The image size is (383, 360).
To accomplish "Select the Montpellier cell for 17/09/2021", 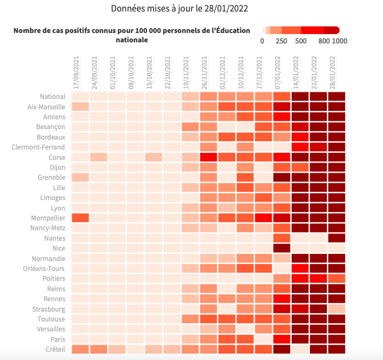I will [80, 218].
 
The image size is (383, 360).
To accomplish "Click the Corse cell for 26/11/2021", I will [209, 157].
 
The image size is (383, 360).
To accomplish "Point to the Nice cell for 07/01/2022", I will [281, 248].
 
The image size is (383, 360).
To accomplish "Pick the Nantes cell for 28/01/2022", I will [336, 239].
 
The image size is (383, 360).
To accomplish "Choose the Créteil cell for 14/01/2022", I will [300, 350].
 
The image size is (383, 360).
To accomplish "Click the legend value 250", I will [281, 41].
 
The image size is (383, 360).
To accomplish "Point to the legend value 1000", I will [340, 41].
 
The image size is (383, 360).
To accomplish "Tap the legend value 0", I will [262, 41].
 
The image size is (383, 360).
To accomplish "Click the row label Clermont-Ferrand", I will [39, 147].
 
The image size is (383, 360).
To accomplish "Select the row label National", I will [53, 97].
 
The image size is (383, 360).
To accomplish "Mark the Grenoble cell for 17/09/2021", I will [80, 178].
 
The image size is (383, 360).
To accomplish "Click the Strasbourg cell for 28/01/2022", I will [336, 309].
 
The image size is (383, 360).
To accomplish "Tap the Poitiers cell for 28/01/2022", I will [336, 279].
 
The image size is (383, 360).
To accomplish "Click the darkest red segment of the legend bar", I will [332, 30].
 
